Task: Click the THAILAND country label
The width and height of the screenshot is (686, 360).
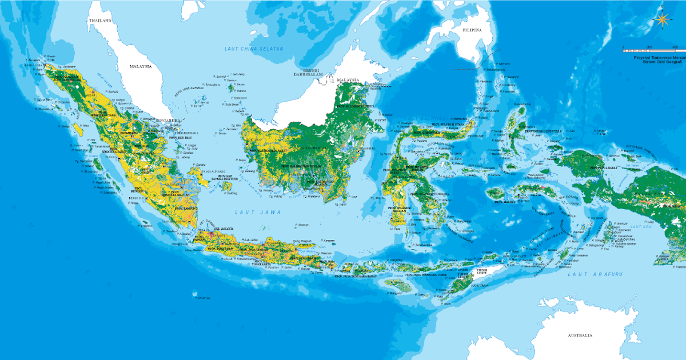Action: click(x=99, y=20)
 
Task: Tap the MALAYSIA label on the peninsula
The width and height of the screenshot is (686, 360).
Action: click(x=140, y=66)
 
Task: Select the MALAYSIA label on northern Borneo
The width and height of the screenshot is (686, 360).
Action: click(x=347, y=80)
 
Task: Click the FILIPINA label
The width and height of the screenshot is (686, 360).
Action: click(x=472, y=30)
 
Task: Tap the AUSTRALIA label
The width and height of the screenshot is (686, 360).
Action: click(x=577, y=335)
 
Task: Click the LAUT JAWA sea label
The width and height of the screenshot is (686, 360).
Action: click(x=250, y=213)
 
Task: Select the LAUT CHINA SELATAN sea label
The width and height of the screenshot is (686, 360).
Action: click(x=253, y=49)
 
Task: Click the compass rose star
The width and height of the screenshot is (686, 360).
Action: click(x=662, y=19)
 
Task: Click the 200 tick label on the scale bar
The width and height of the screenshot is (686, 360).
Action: click(x=649, y=46)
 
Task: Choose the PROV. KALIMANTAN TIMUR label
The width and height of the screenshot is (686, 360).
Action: click(x=355, y=106)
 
